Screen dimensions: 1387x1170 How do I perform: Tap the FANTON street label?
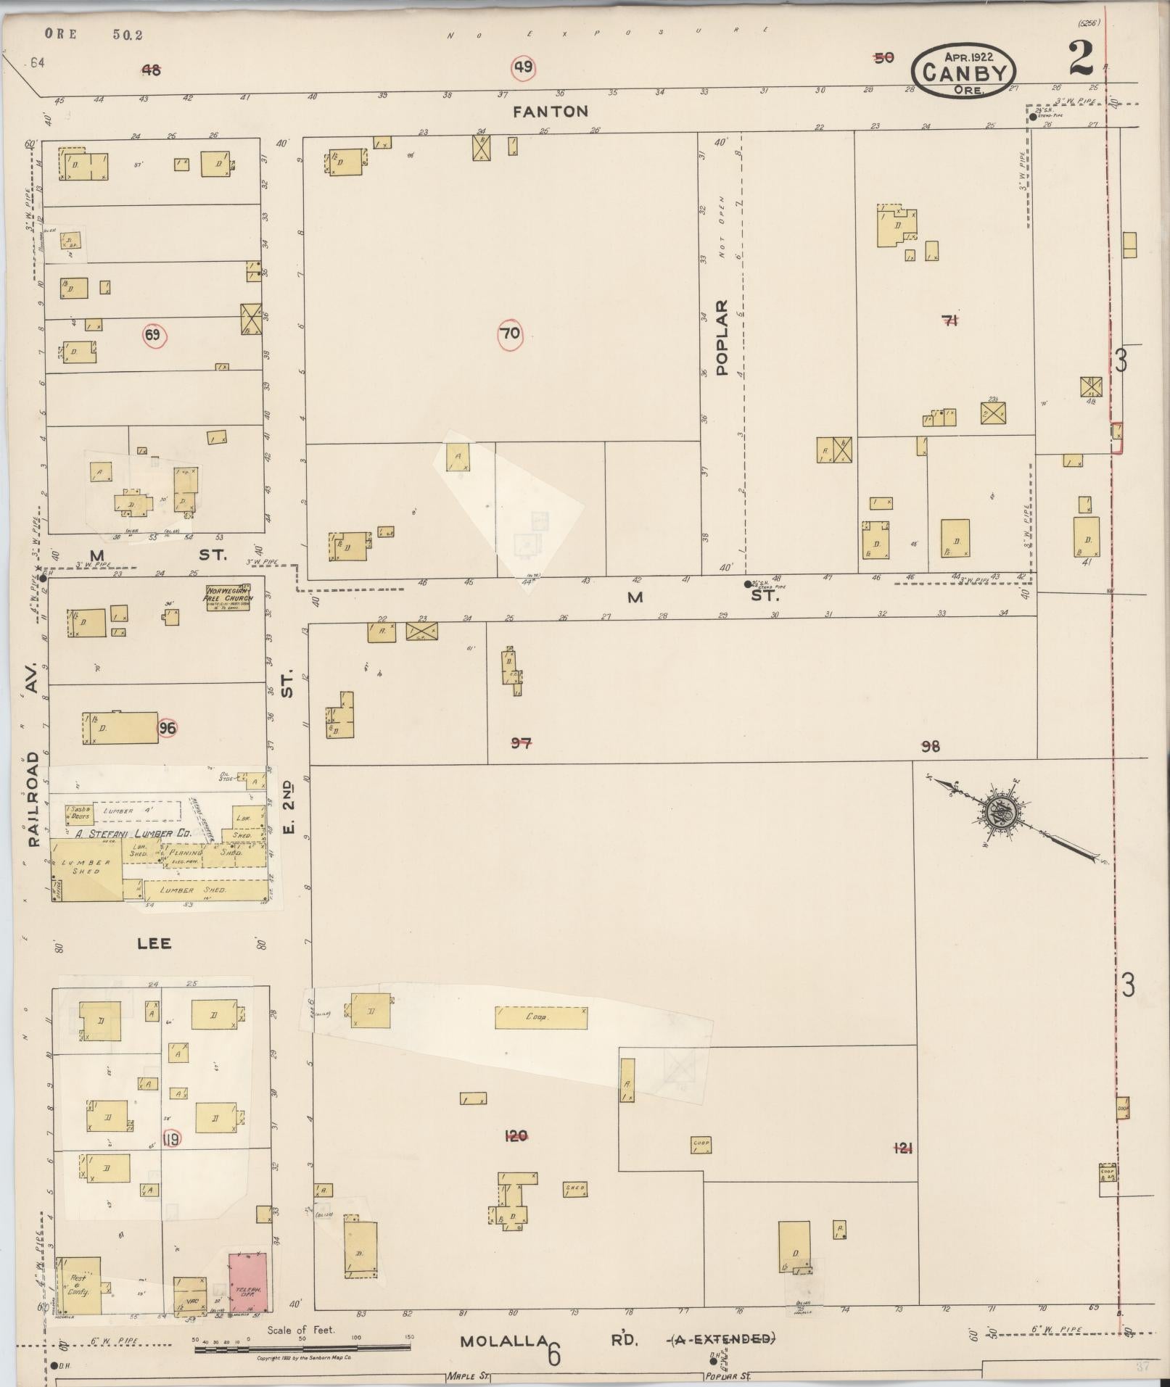(x=551, y=112)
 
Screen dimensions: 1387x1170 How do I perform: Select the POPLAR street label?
(x=722, y=338)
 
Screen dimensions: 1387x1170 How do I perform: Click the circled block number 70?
(x=510, y=334)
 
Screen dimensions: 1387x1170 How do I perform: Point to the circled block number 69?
(x=154, y=335)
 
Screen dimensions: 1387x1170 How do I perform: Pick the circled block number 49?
(x=523, y=68)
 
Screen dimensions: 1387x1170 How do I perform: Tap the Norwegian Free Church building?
(x=228, y=597)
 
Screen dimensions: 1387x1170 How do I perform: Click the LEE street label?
(x=155, y=943)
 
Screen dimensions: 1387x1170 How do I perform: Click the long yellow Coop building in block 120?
(x=541, y=1017)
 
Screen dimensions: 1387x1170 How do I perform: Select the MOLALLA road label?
(x=503, y=1341)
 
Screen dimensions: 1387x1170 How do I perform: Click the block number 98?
(x=931, y=745)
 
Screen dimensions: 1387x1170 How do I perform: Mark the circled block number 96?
(x=168, y=728)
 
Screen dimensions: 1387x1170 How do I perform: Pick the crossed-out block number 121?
(x=903, y=1148)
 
